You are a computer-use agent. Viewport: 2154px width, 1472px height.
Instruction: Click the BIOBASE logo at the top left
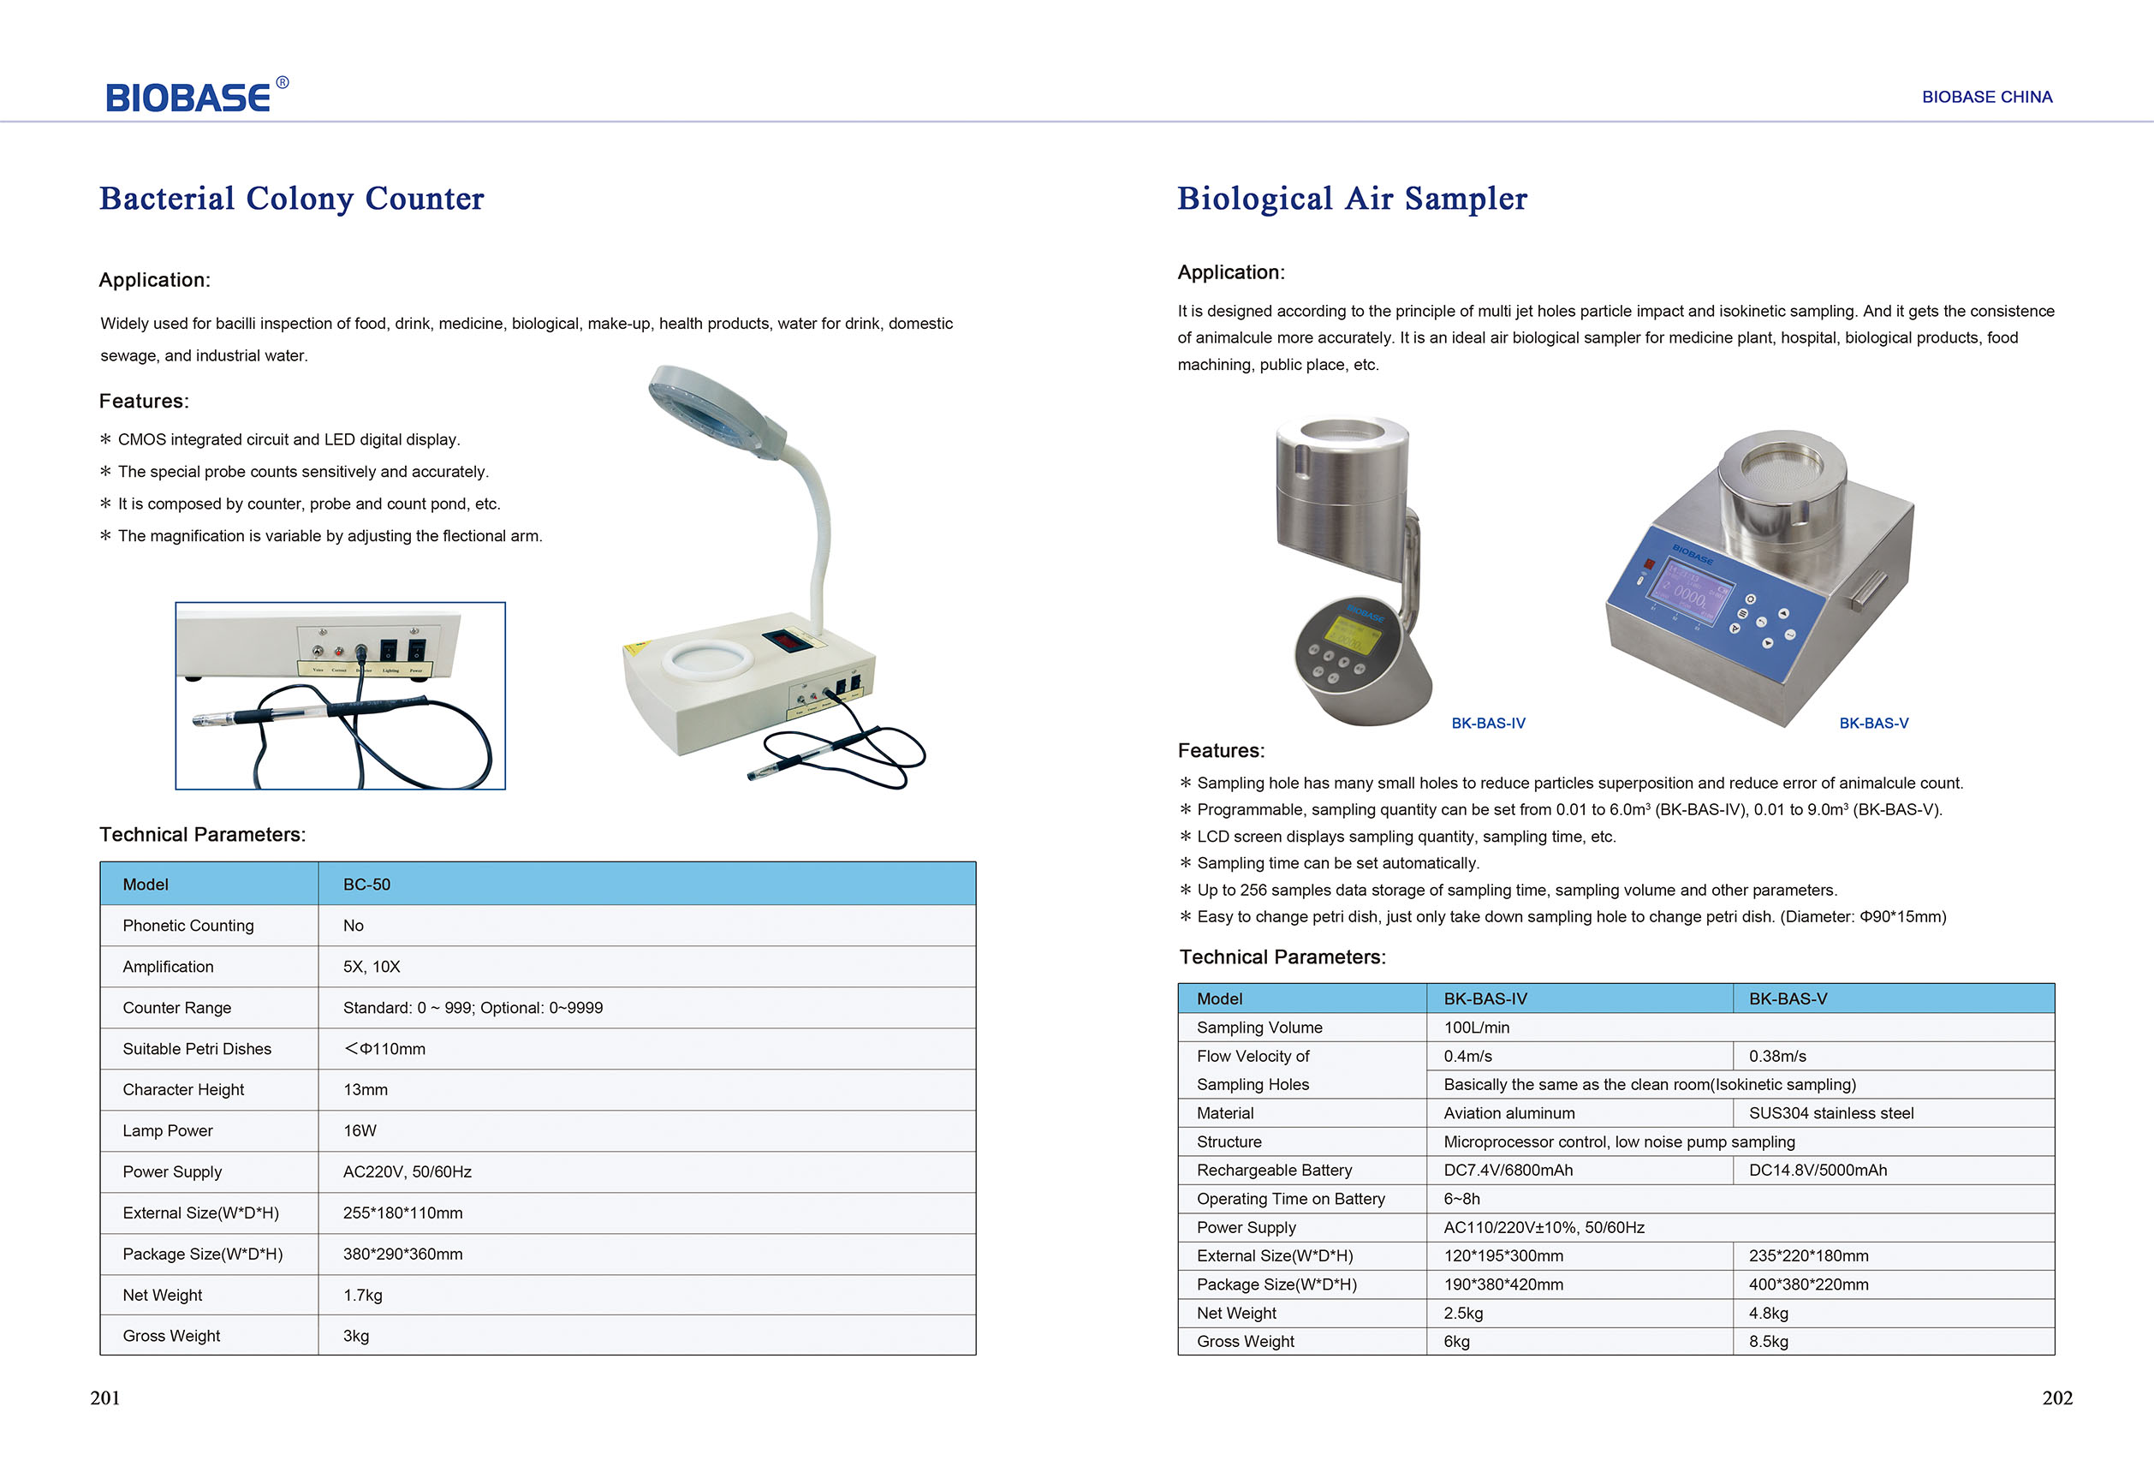tap(197, 94)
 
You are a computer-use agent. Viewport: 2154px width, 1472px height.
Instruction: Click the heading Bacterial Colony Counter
tap(291, 199)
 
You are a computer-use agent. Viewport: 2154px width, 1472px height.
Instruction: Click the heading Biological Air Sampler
tap(1353, 199)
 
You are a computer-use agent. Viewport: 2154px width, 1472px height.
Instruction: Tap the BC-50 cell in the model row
tap(367, 885)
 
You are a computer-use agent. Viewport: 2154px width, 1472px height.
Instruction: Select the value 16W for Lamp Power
tap(360, 1131)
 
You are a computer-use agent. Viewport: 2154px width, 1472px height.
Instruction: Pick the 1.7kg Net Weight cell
tap(362, 1295)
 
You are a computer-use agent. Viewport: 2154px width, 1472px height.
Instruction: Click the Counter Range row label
tap(177, 1008)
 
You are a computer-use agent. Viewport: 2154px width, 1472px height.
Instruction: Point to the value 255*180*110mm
tap(402, 1213)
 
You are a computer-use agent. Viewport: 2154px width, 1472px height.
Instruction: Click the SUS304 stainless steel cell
tap(1830, 1113)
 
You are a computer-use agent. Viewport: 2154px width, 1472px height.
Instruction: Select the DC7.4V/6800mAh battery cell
tap(1508, 1170)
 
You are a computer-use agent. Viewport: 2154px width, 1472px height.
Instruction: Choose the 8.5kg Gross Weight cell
tap(1769, 1341)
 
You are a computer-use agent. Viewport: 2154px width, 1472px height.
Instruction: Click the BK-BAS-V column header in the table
tap(1788, 998)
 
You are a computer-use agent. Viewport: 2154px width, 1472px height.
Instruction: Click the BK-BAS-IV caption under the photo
tap(1488, 723)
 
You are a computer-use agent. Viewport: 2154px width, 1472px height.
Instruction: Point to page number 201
tap(104, 1398)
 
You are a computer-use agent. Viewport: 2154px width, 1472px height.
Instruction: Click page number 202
tap(2056, 1398)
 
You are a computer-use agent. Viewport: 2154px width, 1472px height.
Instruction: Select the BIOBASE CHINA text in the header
tap(1986, 97)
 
